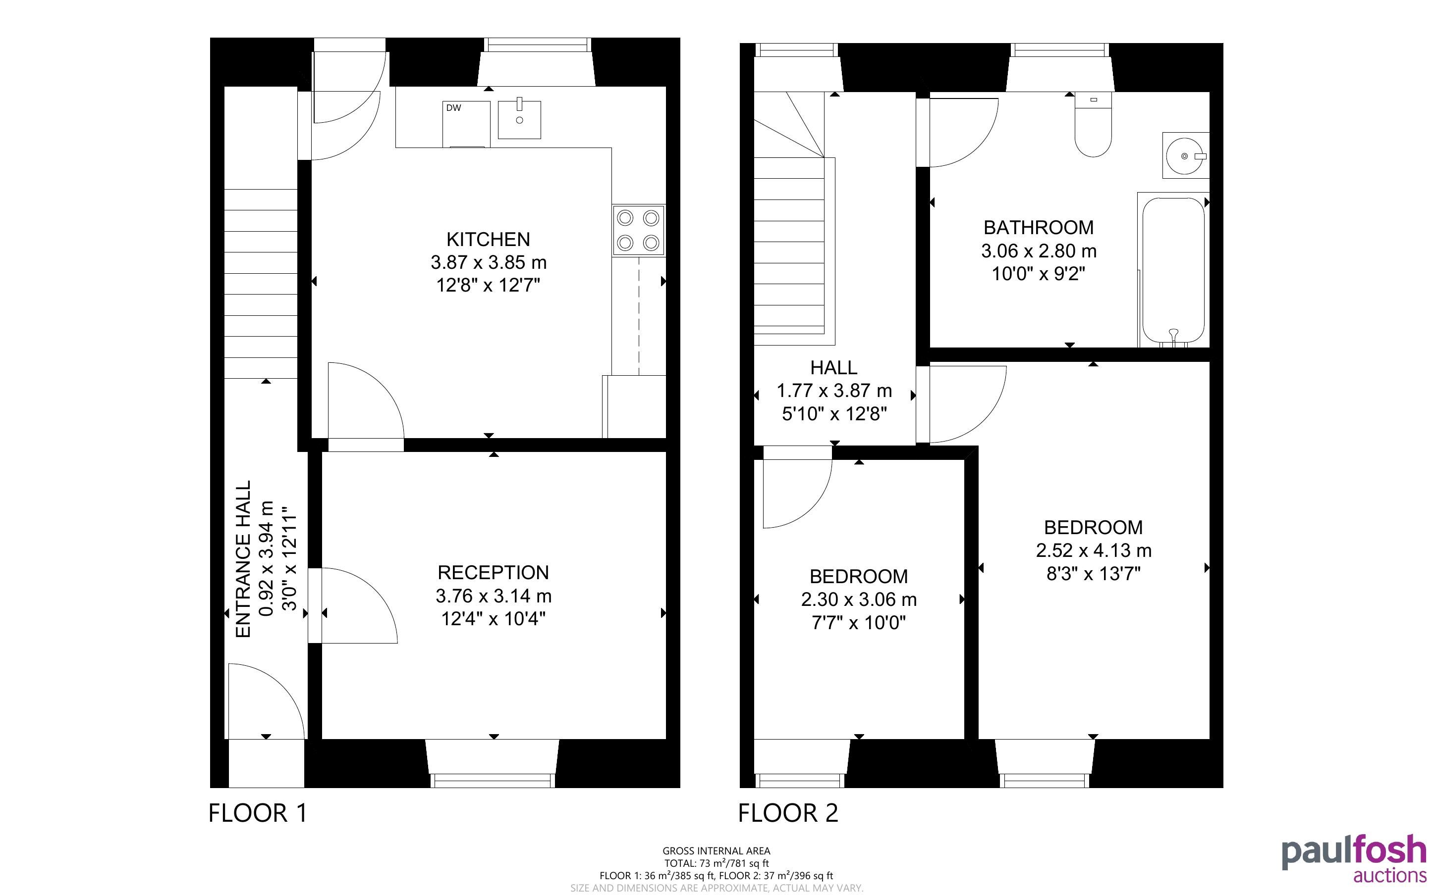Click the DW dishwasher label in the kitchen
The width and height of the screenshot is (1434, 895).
tap(454, 108)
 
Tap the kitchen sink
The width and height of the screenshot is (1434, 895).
tap(519, 120)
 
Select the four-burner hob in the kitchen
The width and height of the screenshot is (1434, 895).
tap(639, 230)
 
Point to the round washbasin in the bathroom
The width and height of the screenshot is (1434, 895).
tap(1185, 155)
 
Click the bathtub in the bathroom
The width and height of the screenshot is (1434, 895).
tap(1173, 270)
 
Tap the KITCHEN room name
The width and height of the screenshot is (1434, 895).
tap(488, 239)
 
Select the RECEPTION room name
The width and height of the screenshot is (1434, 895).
tap(494, 572)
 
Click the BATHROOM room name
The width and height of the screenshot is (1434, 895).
tap(1039, 227)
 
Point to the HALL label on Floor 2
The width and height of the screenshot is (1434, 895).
tap(834, 368)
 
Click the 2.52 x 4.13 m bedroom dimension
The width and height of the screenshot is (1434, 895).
tap(1094, 550)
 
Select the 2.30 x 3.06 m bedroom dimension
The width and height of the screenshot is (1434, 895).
tap(859, 599)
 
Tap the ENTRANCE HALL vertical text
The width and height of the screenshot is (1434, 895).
tap(243, 559)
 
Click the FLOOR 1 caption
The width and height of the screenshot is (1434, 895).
tap(258, 813)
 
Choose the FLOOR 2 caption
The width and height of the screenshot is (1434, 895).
tap(788, 813)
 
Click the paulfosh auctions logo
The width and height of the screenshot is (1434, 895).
tap(1354, 858)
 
